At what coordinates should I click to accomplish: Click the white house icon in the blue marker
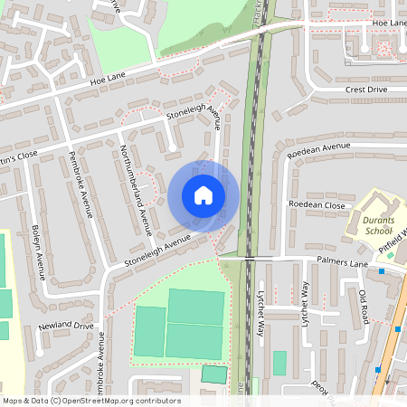pyautogui.click(x=203, y=195)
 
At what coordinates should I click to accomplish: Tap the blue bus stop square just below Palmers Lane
pyautogui.click(x=383, y=271)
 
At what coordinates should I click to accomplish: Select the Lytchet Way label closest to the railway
pyautogui.click(x=261, y=313)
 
